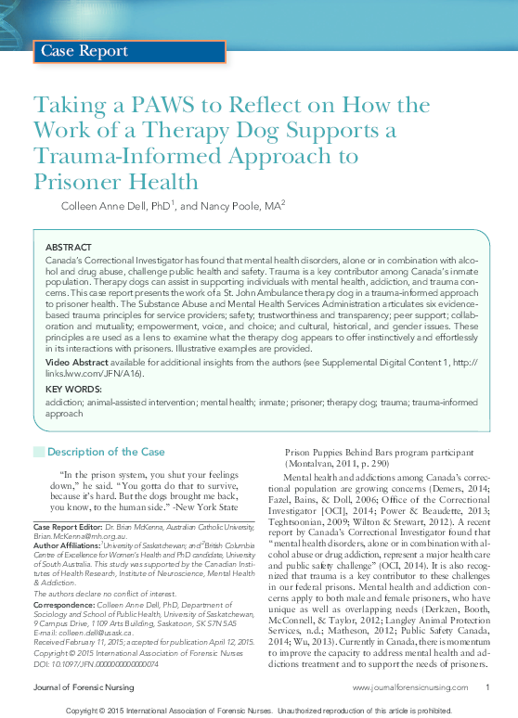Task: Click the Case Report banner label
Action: [x=83, y=52]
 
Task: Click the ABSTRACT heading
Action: [x=69, y=248]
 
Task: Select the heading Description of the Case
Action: [x=106, y=452]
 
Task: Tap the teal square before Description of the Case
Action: [x=38, y=452]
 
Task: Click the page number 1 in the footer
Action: [x=487, y=687]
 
